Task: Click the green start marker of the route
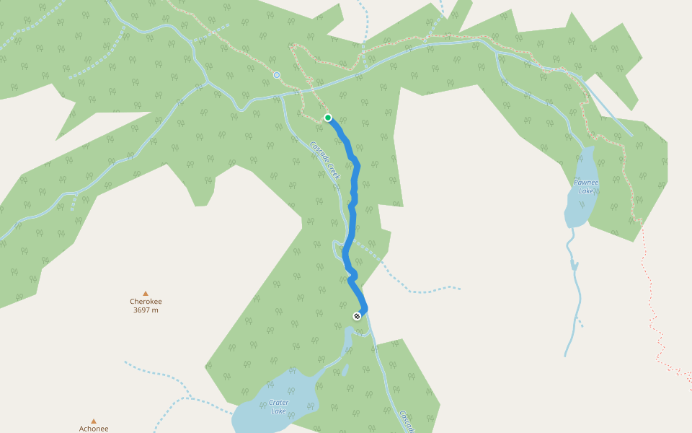pyautogui.click(x=328, y=118)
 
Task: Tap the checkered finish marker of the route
pyautogui.click(x=357, y=316)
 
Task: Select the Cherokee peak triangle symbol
pyautogui.click(x=146, y=294)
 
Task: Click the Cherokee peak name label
pyautogui.click(x=146, y=302)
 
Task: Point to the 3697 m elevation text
pyautogui.click(x=146, y=310)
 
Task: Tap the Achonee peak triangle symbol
pyautogui.click(x=94, y=421)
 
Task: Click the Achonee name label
pyautogui.click(x=94, y=429)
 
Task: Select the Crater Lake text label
pyautogui.click(x=278, y=407)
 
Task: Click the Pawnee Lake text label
pyautogui.click(x=586, y=186)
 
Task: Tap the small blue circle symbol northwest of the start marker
pyautogui.click(x=277, y=75)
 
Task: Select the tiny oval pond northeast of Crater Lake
pyautogui.click(x=345, y=370)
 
